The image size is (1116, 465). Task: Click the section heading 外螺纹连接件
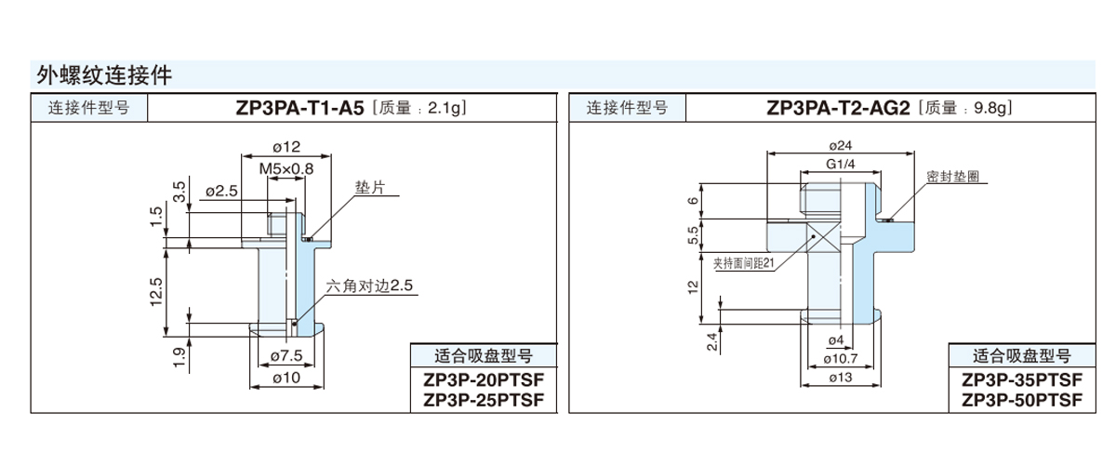(103, 73)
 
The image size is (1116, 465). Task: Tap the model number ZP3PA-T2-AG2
(838, 108)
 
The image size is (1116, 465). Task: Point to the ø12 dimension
(285, 147)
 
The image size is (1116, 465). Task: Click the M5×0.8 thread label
(286, 168)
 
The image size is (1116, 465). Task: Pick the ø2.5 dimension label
(220, 191)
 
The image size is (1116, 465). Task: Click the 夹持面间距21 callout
(744, 262)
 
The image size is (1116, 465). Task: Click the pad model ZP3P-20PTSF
(483, 382)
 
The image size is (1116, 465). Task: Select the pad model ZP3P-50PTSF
(1022, 400)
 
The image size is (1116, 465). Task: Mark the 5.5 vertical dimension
(693, 235)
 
